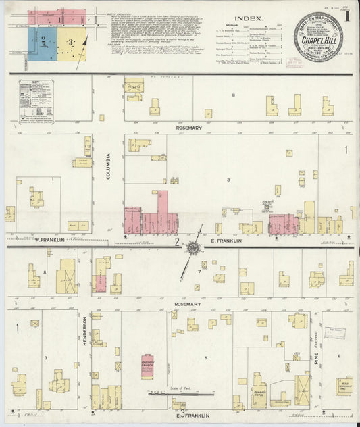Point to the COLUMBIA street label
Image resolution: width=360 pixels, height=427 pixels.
108,166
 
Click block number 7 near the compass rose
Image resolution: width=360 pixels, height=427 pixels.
199,272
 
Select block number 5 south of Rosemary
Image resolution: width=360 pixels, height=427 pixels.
205,357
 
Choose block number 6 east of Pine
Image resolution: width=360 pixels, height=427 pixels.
338,355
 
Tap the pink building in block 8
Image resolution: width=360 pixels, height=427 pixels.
101,274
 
